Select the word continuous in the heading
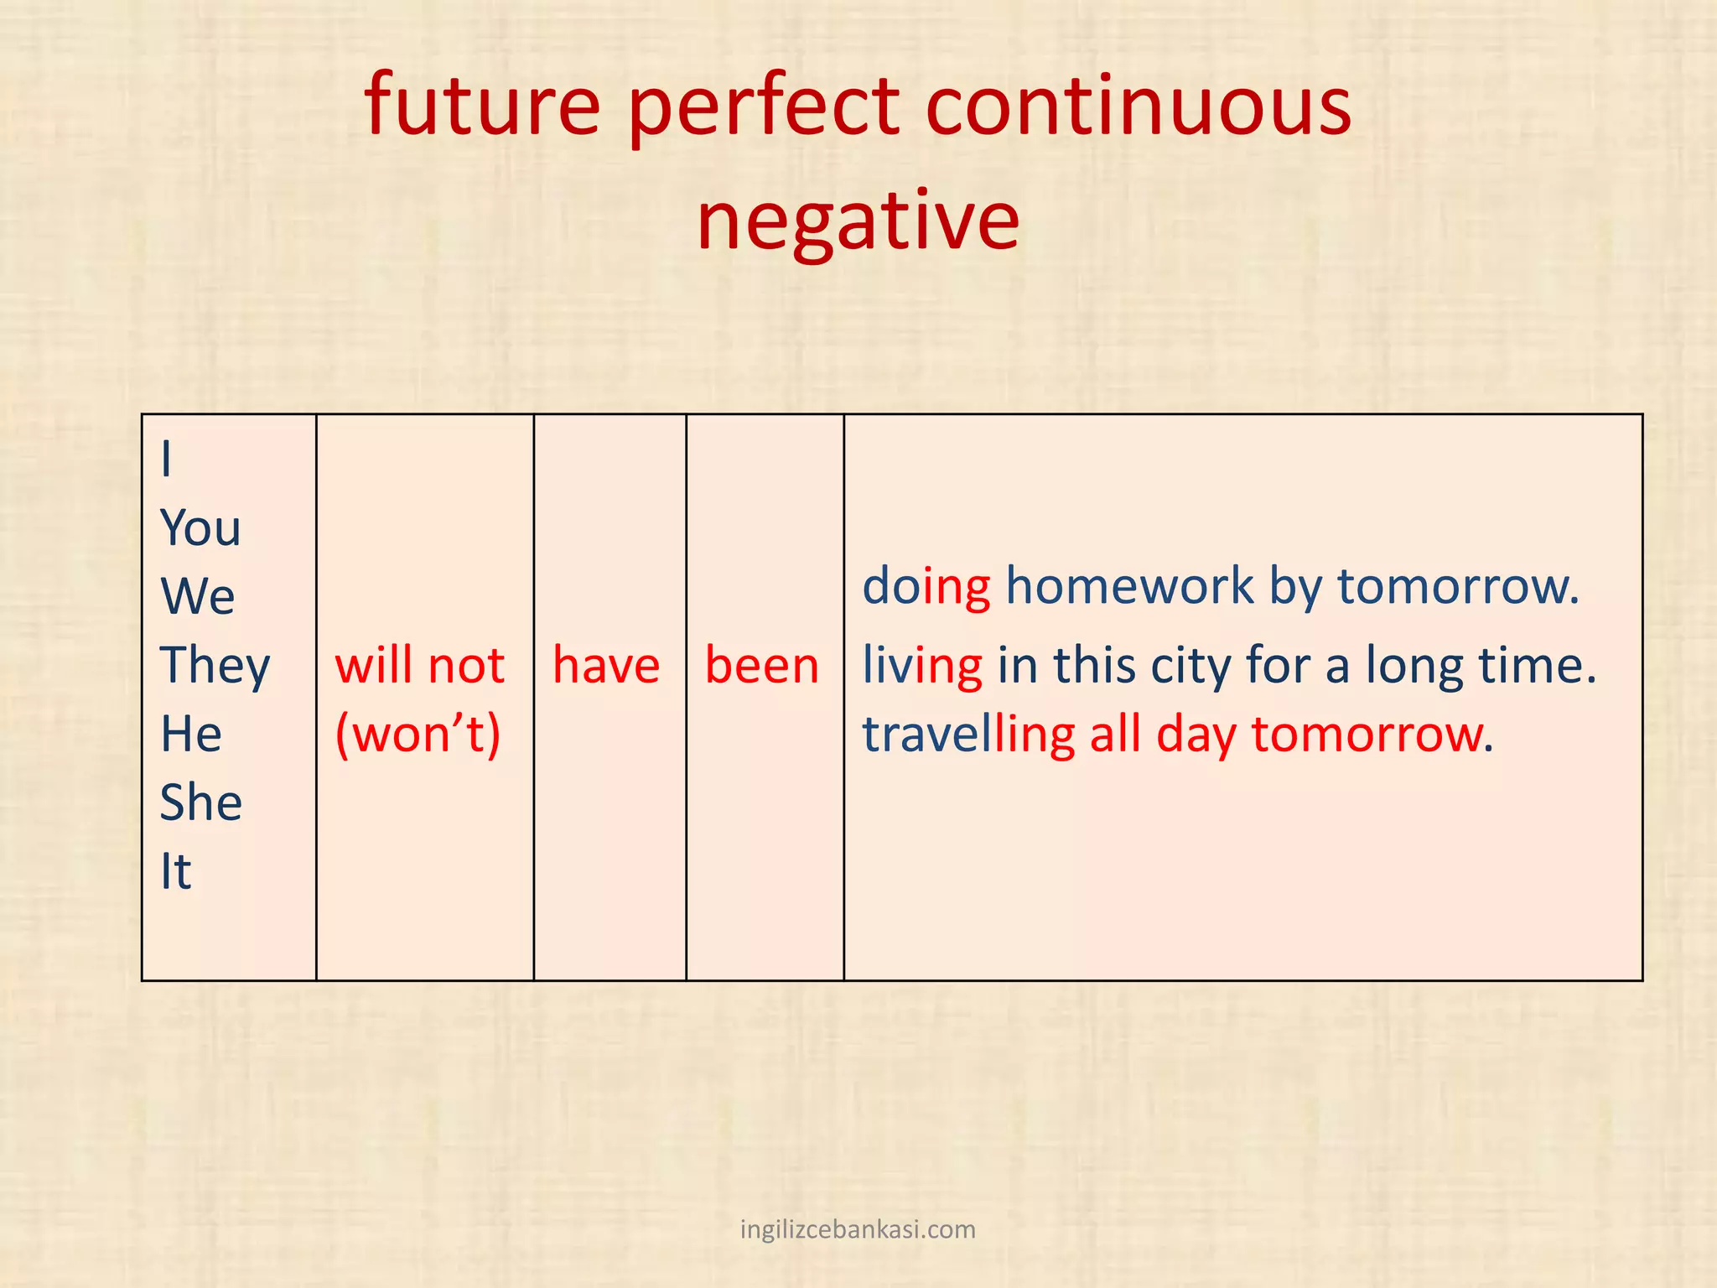(1138, 106)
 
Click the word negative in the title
(858, 221)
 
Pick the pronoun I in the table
(167, 460)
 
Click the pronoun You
(200, 528)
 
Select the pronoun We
(198, 596)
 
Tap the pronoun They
(215, 667)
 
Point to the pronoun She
(201, 802)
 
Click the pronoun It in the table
(176, 871)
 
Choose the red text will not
(419, 666)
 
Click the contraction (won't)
(418, 735)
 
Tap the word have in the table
(606, 666)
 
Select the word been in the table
(761, 666)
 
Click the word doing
(926, 586)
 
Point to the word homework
(1128, 585)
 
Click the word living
(922, 667)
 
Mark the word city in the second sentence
(1190, 667)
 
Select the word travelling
(968, 735)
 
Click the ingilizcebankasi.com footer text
(858, 1229)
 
